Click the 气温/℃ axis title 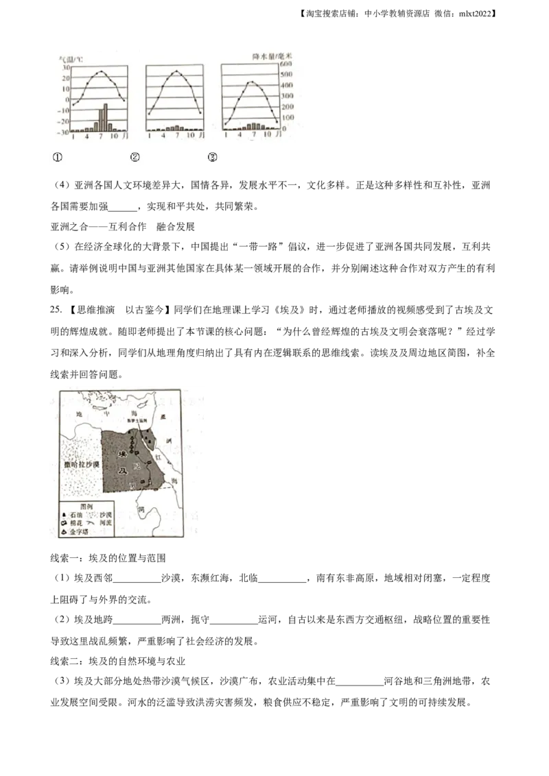click(x=71, y=60)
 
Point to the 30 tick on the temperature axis click(x=65, y=67)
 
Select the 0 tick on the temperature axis click(x=67, y=99)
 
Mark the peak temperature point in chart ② click(x=176, y=71)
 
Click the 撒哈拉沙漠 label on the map click(x=80, y=465)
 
